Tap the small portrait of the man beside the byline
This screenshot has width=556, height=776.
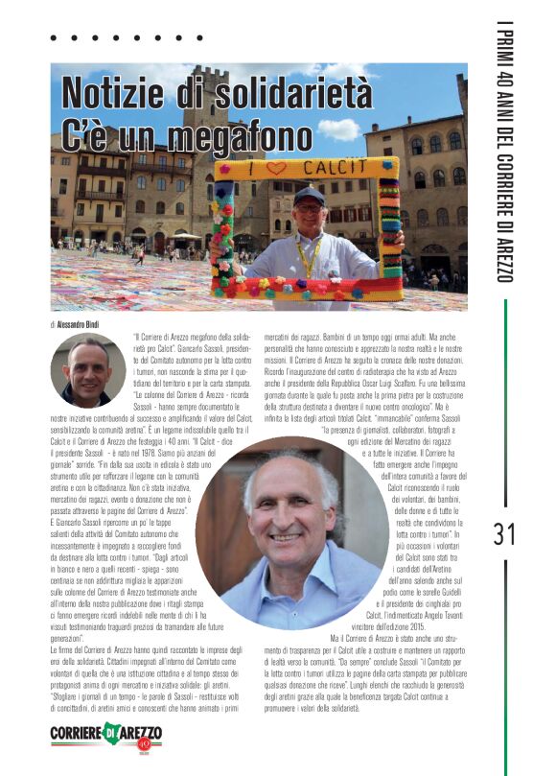83,370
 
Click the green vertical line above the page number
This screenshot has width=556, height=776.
504,403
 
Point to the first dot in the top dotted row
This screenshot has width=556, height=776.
55,39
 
